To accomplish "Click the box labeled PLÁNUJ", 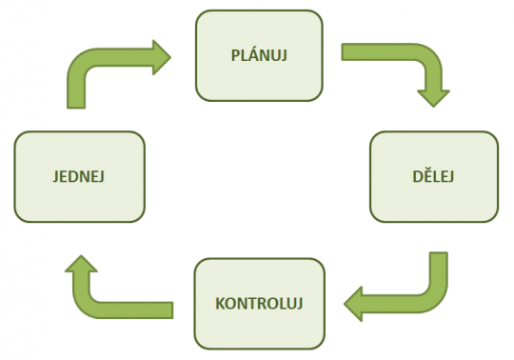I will [258, 53].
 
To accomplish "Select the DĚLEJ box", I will [433, 175].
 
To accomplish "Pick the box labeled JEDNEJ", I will [79, 175].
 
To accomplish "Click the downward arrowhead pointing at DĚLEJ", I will [433, 93].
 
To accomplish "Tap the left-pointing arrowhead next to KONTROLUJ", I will [357, 303].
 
